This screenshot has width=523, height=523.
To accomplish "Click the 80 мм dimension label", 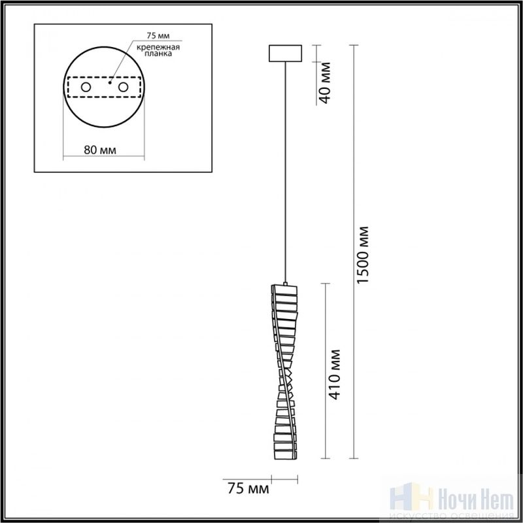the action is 100,150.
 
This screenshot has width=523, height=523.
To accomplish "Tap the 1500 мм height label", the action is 363,255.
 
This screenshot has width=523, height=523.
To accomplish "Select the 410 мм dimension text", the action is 335,374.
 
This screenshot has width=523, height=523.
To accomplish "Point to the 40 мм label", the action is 325,83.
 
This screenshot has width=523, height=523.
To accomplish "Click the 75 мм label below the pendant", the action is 248,488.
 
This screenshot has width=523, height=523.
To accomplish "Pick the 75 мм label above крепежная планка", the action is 158,35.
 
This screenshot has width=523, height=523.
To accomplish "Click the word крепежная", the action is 158,47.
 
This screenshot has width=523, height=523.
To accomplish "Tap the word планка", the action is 158,54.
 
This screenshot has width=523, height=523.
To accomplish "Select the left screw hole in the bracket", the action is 86,88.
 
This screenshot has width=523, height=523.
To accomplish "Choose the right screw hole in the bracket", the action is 123,88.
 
